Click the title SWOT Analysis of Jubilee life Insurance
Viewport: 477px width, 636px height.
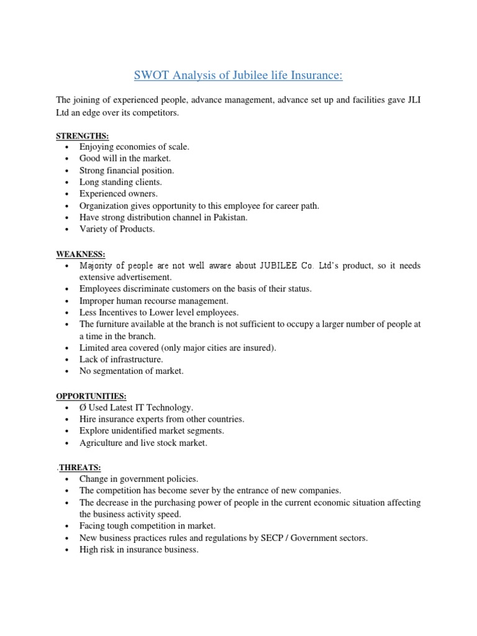tap(238, 76)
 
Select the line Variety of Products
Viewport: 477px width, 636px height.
tap(117, 229)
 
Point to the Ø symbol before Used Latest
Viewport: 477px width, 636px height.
tap(83, 407)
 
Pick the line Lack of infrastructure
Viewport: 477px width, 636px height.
tap(121, 360)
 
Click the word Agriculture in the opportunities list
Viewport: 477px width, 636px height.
tap(101, 443)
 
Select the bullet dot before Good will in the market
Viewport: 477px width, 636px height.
tap(66, 159)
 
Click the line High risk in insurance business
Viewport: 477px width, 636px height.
tap(139, 550)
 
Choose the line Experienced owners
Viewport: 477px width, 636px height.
tap(118, 194)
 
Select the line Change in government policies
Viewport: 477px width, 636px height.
tap(139, 479)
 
